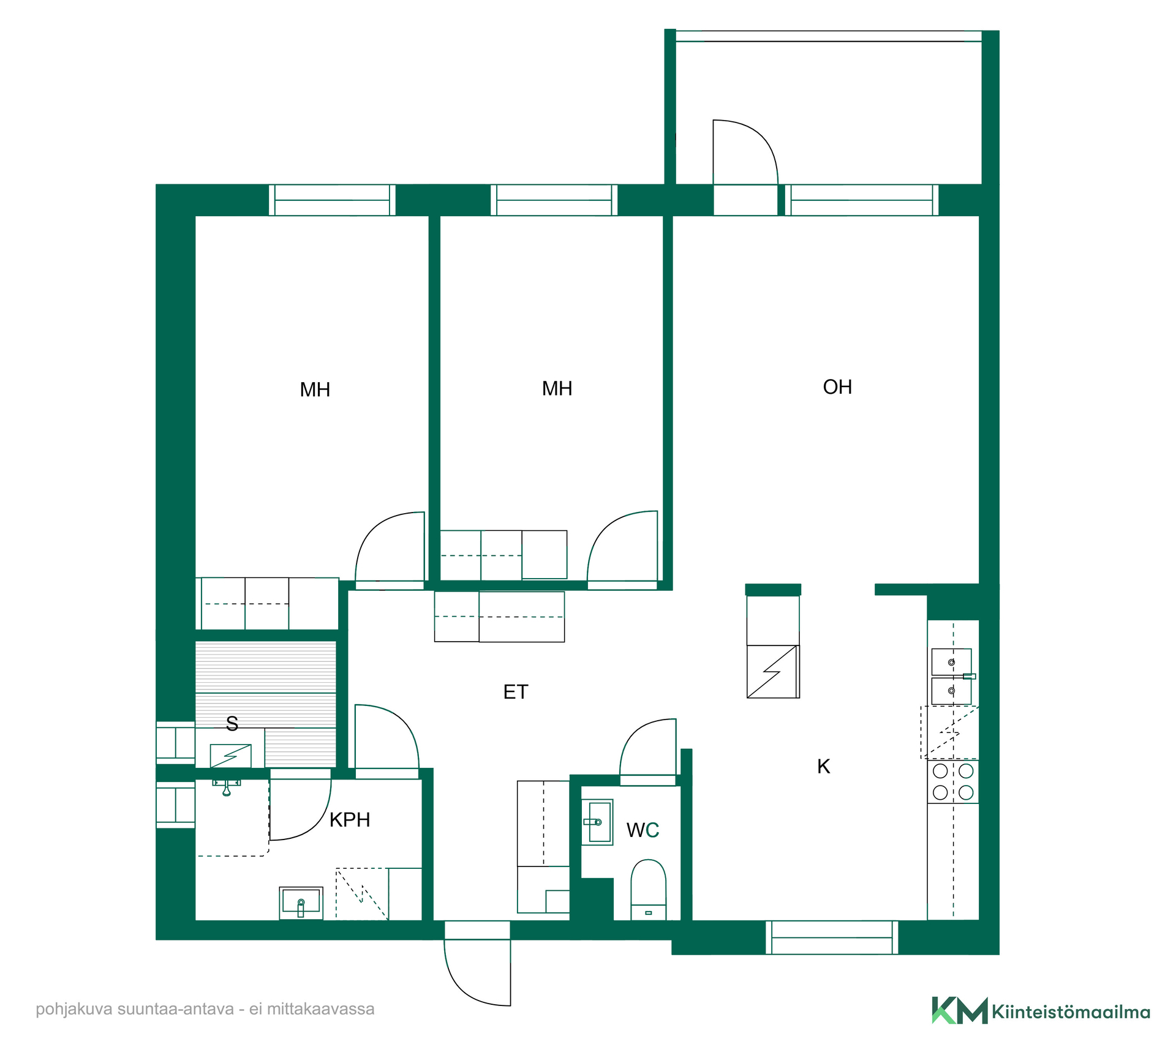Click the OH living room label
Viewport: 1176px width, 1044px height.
click(x=837, y=387)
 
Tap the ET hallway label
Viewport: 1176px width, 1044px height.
click(x=515, y=692)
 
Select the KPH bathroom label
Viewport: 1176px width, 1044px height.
click(x=350, y=820)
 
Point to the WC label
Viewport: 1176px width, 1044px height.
click(x=643, y=830)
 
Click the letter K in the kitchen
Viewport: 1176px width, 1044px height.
click(x=824, y=767)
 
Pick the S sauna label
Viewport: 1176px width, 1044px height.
click(x=232, y=724)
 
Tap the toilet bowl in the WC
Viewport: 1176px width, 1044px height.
click(x=648, y=890)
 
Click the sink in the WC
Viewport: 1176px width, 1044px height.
click(x=597, y=822)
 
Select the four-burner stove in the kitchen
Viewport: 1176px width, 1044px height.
click(x=953, y=782)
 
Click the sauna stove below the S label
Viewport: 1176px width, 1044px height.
click(x=230, y=756)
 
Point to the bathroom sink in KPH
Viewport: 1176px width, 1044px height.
click(x=301, y=903)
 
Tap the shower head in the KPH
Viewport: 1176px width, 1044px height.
click(x=227, y=788)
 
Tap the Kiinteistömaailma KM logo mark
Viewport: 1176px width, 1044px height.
click(x=959, y=1010)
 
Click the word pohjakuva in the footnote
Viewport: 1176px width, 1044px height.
click(x=73, y=1010)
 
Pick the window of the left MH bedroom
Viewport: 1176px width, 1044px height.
click(x=332, y=200)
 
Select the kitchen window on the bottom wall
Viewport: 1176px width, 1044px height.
click(x=832, y=937)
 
